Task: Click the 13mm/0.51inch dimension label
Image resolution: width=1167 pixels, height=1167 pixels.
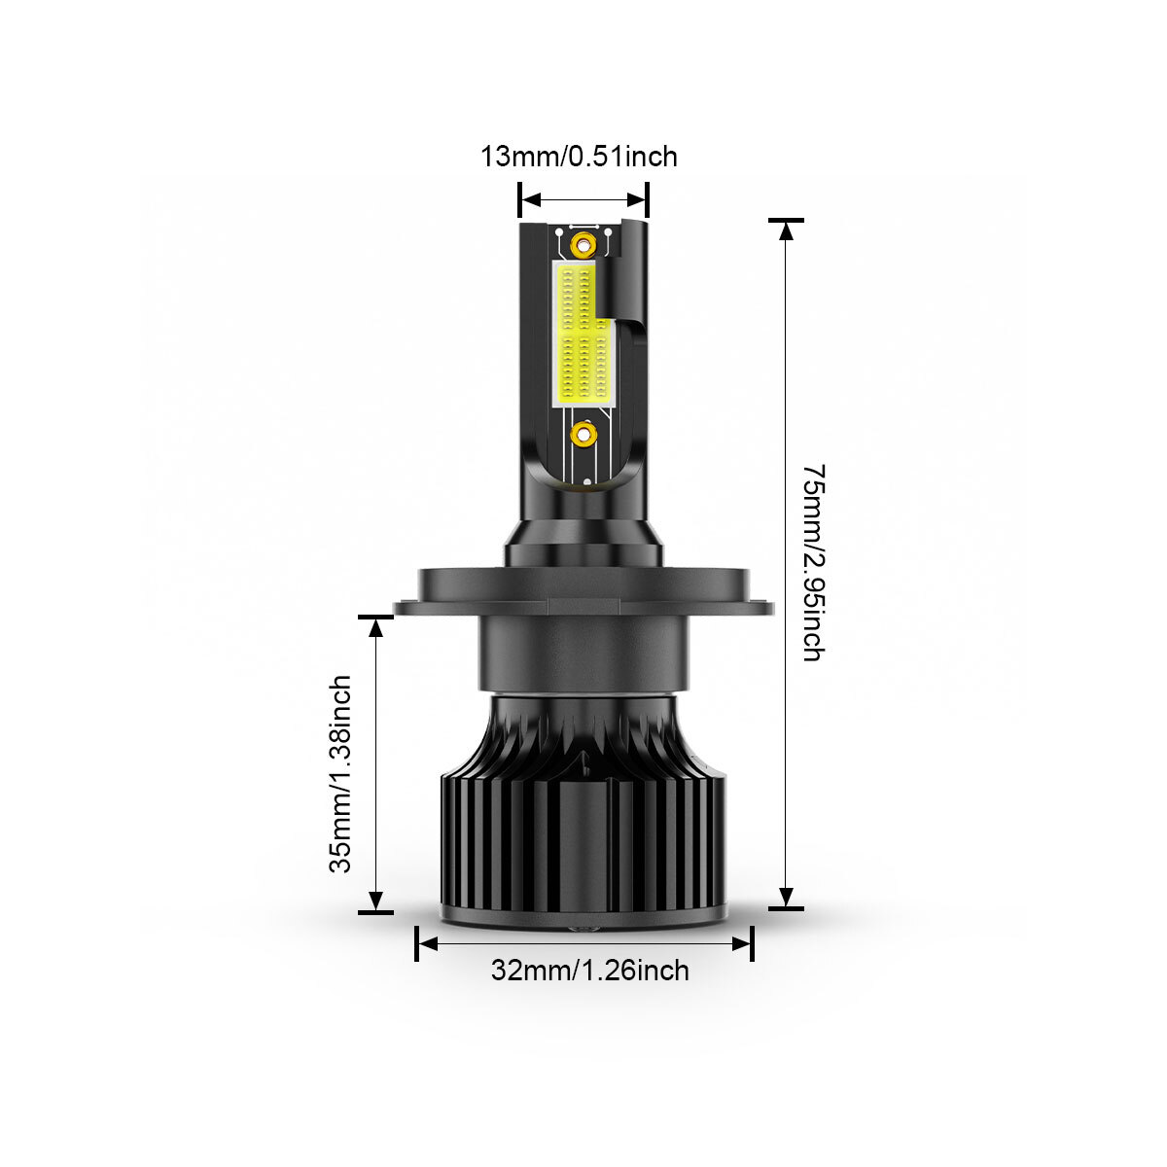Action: coord(579,157)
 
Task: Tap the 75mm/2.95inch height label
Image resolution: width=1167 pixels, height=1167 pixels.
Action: coord(813,563)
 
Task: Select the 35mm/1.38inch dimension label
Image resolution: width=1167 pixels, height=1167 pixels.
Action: coord(339,774)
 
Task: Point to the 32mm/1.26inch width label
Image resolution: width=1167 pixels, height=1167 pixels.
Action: coord(590,971)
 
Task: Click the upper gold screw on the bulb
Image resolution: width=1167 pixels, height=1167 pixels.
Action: coord(583,245)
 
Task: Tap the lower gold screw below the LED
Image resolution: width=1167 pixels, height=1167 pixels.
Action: coord(583,434)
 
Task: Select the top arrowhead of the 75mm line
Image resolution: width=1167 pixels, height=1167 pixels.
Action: coord(786,231)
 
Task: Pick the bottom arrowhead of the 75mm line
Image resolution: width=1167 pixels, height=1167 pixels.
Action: coord(786,897)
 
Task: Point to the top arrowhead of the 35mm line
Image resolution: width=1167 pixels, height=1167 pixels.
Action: coord(376,628)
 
